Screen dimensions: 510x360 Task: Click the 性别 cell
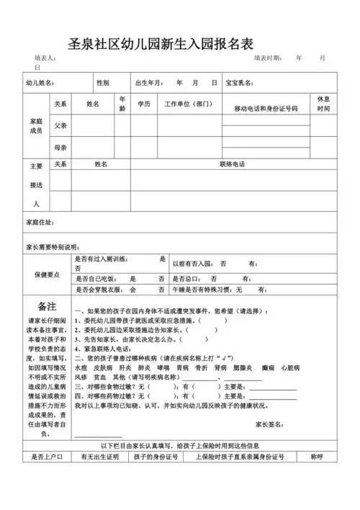coord(103,83)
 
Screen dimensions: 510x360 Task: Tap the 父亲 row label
coord(60,125)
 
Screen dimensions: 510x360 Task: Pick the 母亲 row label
coord(60,147)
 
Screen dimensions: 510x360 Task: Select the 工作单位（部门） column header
coord(189,104)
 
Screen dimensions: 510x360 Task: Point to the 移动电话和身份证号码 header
coord(266,107)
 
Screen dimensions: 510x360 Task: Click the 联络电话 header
coord(233,164)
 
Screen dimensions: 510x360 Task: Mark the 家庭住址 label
coord(40,222)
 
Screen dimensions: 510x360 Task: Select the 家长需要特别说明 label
coord(51,246)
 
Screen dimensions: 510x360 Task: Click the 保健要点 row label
coord(48,275)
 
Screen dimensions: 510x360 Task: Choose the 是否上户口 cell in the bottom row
coord(48,457)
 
